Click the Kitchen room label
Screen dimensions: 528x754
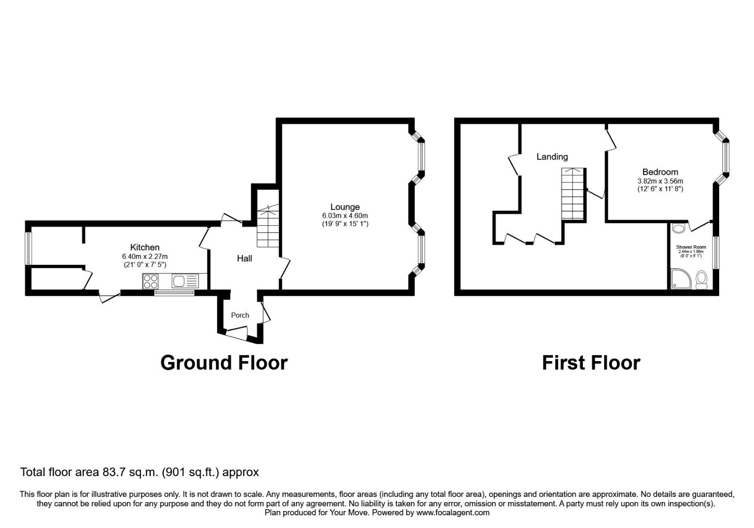[x=145, y=247]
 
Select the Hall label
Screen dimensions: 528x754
[x=244, y=258]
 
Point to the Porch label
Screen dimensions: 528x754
[x=240, y=315]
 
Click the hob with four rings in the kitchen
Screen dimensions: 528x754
[x=151, y=281]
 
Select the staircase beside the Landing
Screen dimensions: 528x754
[x=573, y=194]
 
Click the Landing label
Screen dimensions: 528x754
[x=552, y=157]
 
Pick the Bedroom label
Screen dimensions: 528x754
[x=660, y=172]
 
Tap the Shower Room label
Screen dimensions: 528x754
[x=691, y=247]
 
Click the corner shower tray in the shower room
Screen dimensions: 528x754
[x=679, y=279]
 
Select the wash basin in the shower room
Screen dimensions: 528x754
[x=678, y=230]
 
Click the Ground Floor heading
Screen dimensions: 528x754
[x=224, y=363]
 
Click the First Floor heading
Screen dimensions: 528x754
[x=591, y=363]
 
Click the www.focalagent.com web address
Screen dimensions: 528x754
[x=453, y=512]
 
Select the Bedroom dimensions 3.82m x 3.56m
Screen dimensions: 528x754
[x=660, y=181]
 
